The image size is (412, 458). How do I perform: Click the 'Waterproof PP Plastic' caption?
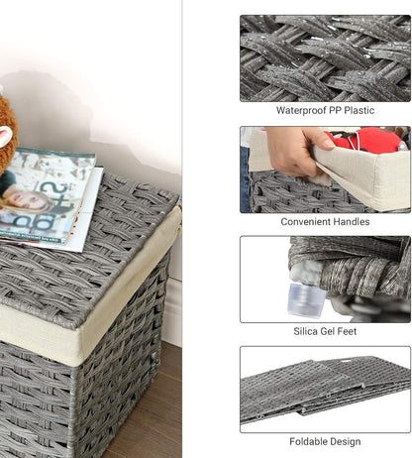click(325, 110)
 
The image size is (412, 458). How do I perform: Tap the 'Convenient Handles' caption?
click(325, 222)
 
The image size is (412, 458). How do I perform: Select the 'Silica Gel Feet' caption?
click(325, 332)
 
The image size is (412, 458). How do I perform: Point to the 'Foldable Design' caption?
click(325, 441)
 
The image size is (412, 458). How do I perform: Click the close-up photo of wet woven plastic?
click(325, 57)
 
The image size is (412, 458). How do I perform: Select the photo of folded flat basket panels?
click(325, 389)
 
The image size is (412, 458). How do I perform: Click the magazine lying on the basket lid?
click(50, 193)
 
